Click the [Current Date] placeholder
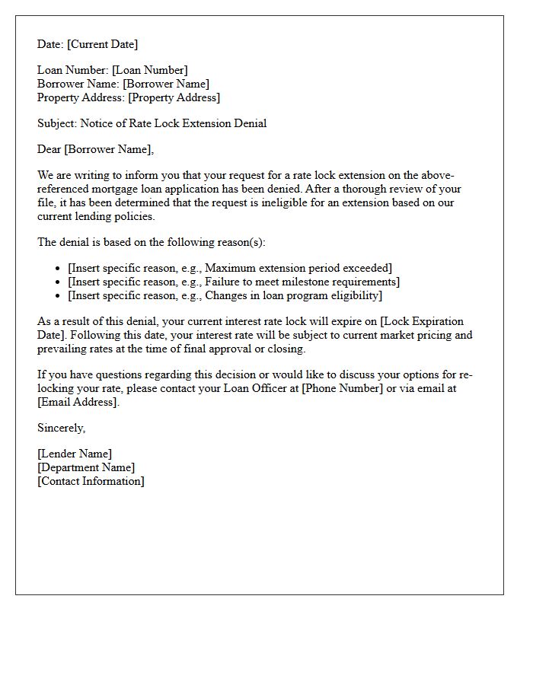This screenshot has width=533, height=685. pyautogui.click(x=104, y=44)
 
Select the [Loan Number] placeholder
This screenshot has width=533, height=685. pyautogui.click(x=150, y=70)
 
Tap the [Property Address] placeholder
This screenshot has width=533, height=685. pyautogui.click(x=174, y=97)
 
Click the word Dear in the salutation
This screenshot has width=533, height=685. pyautogui.click(x=49, y=149)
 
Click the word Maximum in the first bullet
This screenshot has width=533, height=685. pyautogui.click(x=230, y=268)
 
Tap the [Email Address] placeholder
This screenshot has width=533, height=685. pyautogui.click(x=78, y=402)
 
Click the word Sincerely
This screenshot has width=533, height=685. pyautogui.click(x=61, y=428)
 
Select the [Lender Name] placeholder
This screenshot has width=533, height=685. pyautogui.click(x=75, y=454)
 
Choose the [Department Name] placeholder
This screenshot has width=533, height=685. pyautogui.click(x=86, y=467)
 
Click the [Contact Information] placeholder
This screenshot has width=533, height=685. pyautogui.click(x=91, y=481)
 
